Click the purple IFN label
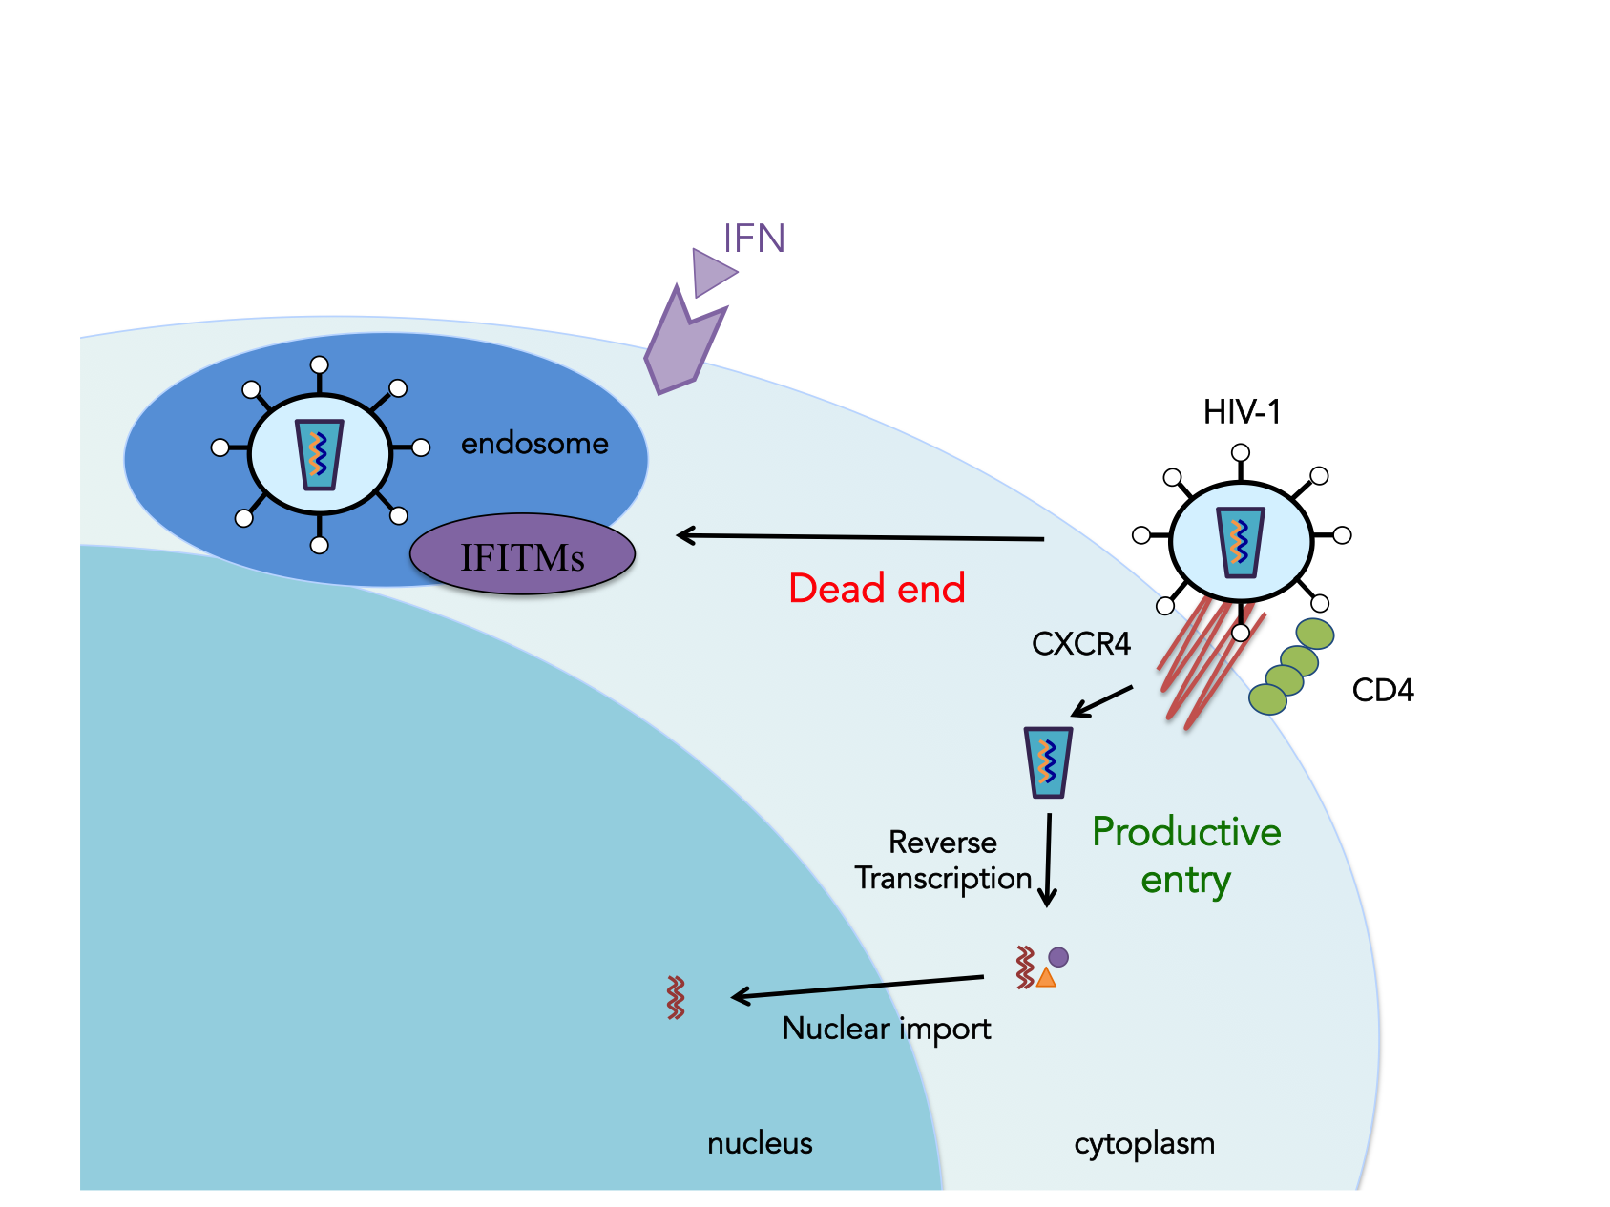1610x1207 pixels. pyautogui.click(x=754, y=238)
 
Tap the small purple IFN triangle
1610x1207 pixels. pyautogui.click(x=711, y=273)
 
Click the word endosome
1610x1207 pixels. pyautogui.click(x=534, y=444)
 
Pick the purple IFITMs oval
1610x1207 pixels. pyautogui.click(x=522, y=555)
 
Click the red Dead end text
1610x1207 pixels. pyautogui.click(x=876, y=588)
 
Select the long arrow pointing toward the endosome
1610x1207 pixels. pyautogui.click(x=859, y=537)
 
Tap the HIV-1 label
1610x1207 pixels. pyautogui.click(x=1242, y=412)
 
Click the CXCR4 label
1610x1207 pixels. pyautogui.click(x=1080, y=644)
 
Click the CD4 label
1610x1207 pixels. pyautogui.click(x=1382, y=690)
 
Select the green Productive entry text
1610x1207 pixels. pyautogui.click(x=1186, y=855)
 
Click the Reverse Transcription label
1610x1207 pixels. pyautogui.click(x=943, y=860)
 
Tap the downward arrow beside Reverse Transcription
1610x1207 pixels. pyautogui.click(x=1048, y=859)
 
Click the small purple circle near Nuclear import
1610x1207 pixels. pyautogui.click(x=1058, y=956)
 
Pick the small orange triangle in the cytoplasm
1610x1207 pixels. pyautogui.click(x=1046, y=977)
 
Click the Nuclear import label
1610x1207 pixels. pyautogui.click(x=886, y=1029)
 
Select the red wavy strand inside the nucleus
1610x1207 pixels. pyautogui.click(x=676, y=997)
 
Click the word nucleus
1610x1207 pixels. pyautogui.click(x=760, y=1143)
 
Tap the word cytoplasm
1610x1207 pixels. pyautogui.click(x=1143, y=1143)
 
